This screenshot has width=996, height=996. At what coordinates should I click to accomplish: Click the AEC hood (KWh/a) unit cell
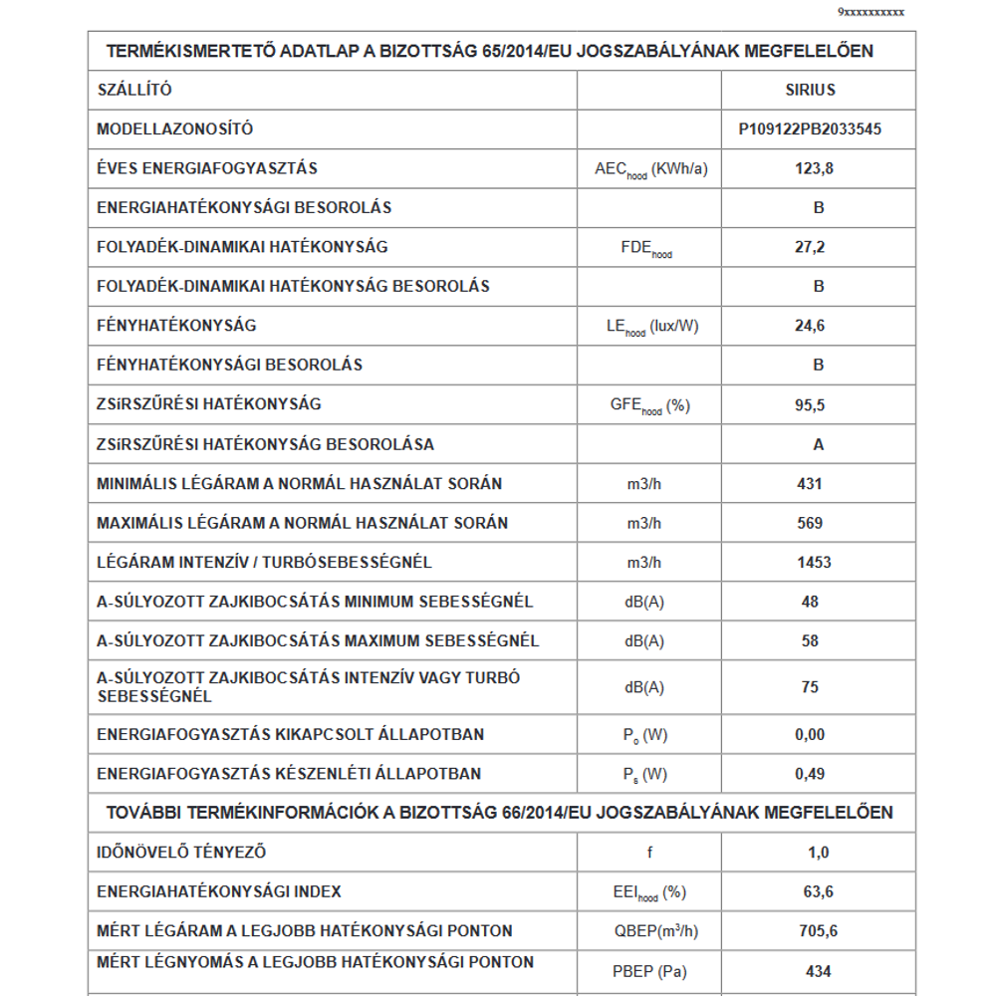click(649, 169)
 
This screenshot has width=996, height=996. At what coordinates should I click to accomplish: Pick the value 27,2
click(811, 247)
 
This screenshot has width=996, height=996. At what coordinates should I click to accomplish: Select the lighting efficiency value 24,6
click(811, 326)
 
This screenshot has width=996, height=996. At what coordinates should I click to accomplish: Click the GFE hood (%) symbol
click(649, 405)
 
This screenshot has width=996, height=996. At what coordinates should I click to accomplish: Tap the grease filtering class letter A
click(819, 444)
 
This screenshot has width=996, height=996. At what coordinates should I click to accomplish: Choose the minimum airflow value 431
click(810, 484)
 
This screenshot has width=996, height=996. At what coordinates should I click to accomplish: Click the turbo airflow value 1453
click(814, 563)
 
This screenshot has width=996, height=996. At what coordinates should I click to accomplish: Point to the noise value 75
click(810, 687)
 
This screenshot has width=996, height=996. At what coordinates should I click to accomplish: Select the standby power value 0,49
click(811, 774)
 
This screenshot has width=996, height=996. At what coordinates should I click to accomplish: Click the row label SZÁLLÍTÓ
click(134, 90)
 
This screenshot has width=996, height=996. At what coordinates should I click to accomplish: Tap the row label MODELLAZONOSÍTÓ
click(175, 128)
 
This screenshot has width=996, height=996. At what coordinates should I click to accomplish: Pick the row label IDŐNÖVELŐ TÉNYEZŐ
click(181, 853)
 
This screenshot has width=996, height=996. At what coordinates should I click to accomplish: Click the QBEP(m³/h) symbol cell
click(649, 931)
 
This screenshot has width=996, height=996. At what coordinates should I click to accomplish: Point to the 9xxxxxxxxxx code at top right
click(871, 12)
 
